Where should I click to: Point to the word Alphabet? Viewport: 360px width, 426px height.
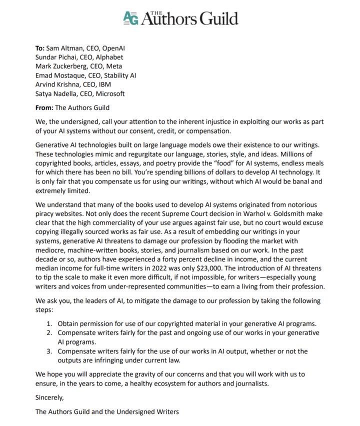click(x=107, y=57)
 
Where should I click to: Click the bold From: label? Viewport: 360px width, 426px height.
click(x=45, y=107)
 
